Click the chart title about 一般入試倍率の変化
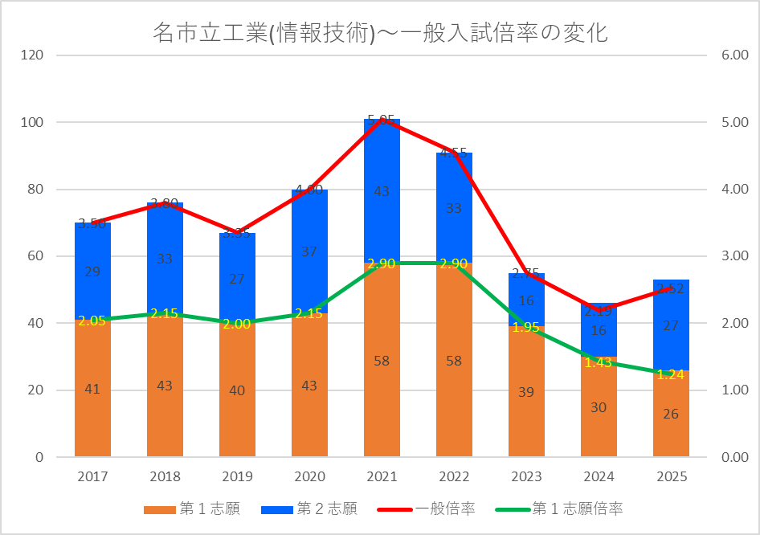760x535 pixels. click(x=379, y=33)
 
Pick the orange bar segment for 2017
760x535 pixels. click(x=92, y=389)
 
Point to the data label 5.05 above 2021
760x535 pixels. click(x=381, y=120)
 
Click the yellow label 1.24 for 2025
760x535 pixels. click(x=671, y=374)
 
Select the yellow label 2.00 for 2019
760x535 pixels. click(x=237, y=324)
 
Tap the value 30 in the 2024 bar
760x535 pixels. click(x=599, y=407)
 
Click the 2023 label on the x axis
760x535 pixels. click(x=526, y=476)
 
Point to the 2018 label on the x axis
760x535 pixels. click(x=165, y=476)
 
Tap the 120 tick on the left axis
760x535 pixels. click(x=33, y=55)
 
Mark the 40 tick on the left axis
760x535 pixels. click(x=36, y=323)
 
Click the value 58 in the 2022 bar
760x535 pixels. click(x=454, y=361)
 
